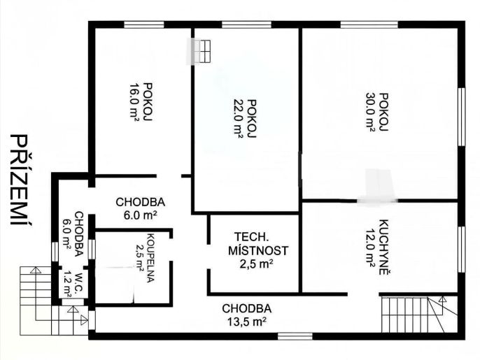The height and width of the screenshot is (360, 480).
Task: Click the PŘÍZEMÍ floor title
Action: [22, 180]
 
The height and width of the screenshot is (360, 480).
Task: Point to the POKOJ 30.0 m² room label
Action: [376, 112]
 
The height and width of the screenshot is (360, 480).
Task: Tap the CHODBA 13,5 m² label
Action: [246, 315]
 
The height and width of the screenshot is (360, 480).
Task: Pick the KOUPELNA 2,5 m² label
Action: [145, 258]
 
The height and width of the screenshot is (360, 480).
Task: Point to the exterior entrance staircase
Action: [54, 301]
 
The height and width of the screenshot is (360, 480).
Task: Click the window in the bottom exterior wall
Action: [295, 336]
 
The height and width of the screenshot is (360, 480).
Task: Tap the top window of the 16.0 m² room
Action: [144, 24]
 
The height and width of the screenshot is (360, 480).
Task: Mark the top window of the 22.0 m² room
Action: [246, 24]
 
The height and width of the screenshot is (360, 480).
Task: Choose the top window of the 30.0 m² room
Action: [369, 24]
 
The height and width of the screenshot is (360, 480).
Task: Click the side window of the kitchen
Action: [462, 250]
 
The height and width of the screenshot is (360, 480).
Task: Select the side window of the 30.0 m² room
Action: [462, 117]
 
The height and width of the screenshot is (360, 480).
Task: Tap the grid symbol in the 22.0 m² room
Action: [202, 51]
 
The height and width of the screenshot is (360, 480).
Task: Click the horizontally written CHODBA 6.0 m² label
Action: [141, 208]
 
